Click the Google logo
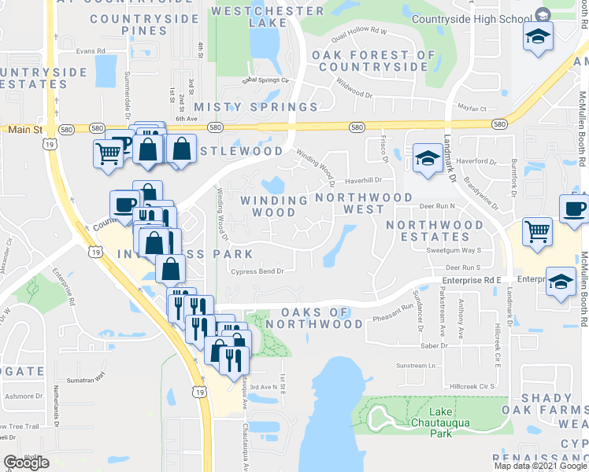26,463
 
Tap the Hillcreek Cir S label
472,386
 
